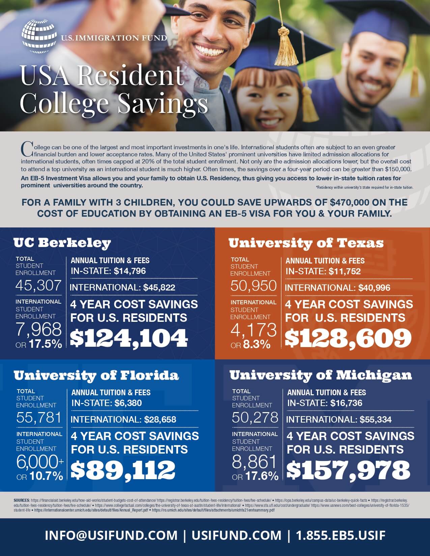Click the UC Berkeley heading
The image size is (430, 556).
62,243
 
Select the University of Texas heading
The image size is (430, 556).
306,243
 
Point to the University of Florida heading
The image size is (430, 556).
96,375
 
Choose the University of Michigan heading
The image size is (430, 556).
321,375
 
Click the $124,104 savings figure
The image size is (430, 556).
129,338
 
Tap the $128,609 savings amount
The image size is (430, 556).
348,338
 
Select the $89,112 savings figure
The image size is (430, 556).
123,470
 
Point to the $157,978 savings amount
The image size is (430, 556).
348,470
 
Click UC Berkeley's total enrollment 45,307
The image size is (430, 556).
38,285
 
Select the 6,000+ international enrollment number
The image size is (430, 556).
40,463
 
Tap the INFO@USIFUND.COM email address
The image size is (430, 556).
111,535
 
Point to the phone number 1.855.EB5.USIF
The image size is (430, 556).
341,535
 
